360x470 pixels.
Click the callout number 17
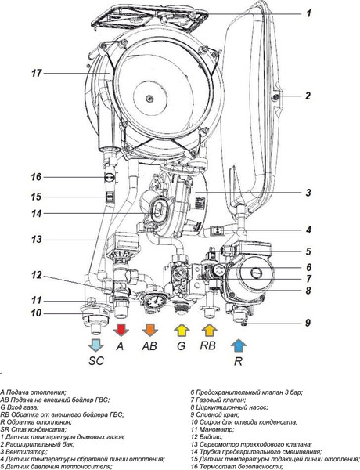[37, 73]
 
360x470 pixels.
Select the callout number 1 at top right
[308, 13]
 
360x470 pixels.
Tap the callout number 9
[308, 323]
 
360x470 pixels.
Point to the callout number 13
[37, 240]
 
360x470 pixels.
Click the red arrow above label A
[121, 330]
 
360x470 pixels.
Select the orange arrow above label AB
[150, 330]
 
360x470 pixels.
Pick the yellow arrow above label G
[182, 331]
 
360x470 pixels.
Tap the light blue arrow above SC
[95, 345]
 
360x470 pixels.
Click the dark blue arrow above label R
[239, 345]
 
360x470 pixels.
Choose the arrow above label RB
[210, 331]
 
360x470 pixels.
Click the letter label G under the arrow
[182, 346]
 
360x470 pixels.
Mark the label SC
[96, 360]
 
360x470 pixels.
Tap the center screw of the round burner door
[149, 99]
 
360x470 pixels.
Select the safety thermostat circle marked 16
[110, 177]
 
